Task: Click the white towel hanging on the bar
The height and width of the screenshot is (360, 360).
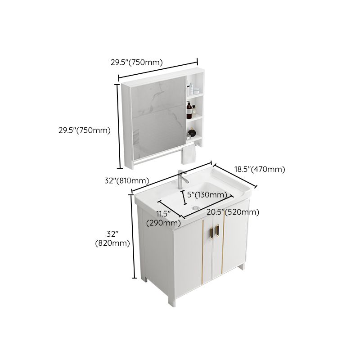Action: click(x=188, y=155)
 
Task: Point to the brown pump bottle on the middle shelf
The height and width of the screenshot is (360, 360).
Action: click(x=189, y=110)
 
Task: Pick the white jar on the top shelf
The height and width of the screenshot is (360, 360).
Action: click(x=190, y=88)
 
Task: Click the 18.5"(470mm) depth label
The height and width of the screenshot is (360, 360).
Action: click(x=260, y=170)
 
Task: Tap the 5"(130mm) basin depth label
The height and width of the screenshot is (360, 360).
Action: click(x=207, y=195)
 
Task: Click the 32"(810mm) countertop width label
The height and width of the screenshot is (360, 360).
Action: click(x=126, y=180)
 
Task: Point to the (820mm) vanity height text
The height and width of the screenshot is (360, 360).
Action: click(x=112, y=243)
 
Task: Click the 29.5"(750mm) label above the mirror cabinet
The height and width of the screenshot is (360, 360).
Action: click(x=137, y=63)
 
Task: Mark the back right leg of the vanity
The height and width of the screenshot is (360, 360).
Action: click(x=243, y=267)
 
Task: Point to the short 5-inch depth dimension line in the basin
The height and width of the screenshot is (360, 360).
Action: click(x=183, y=197)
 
